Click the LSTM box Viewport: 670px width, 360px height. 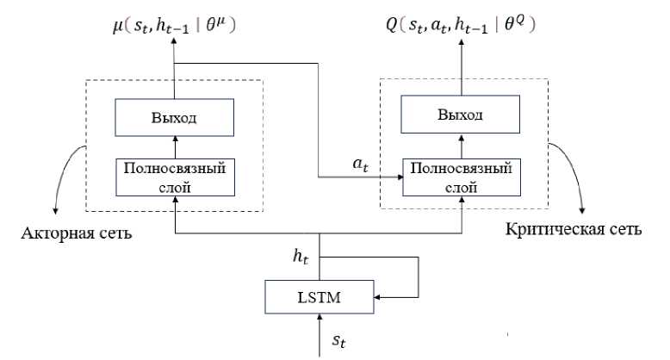tap(319, 299)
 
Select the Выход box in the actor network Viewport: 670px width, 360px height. tap(174, 116)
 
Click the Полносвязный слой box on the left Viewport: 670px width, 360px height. tap(174, 176)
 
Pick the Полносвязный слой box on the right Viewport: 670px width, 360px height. tap(463, 176)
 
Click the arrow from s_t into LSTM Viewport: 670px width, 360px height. tap(319, 332)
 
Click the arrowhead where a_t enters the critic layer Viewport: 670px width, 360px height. tap(401, 177)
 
